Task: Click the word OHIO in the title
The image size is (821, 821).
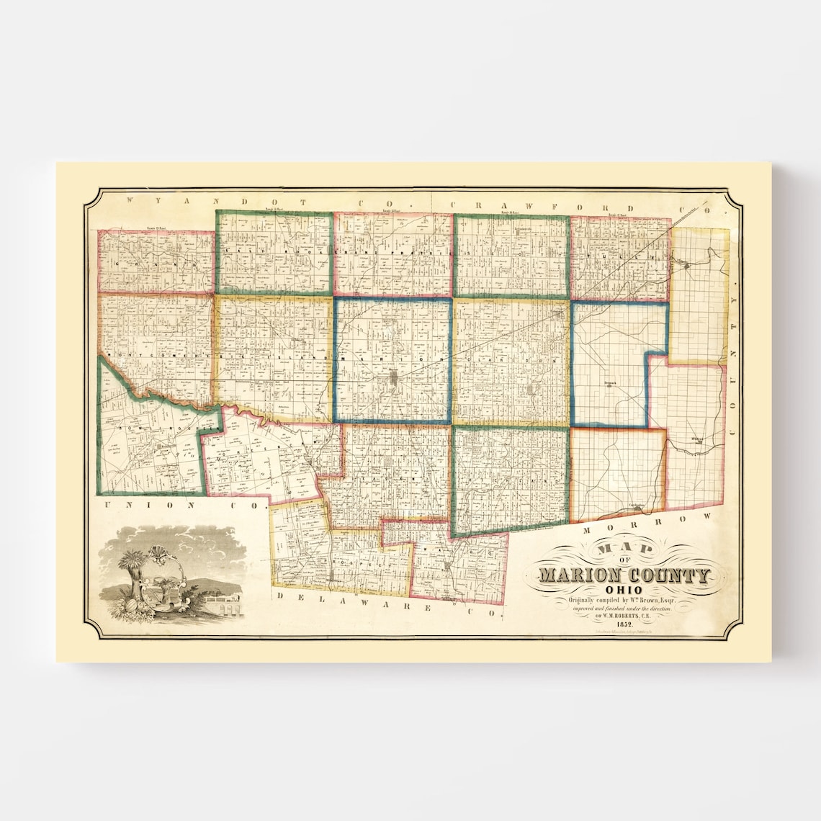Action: pyautogui.click(x=624, y=589)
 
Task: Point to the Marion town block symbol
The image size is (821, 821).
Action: pyautogui.click(x=394, y=378)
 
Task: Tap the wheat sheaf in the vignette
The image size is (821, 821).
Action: pyautogui.click(x=133, y=569)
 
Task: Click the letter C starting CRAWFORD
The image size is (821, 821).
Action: pyautogui.click(x=456, y=205)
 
